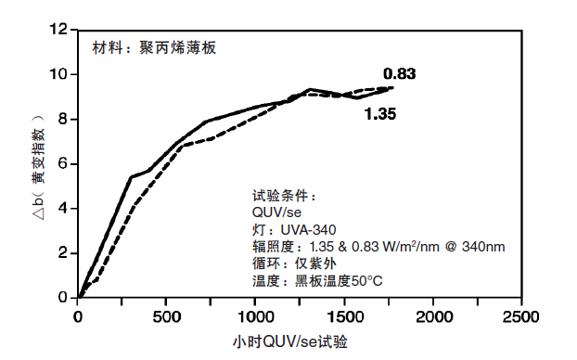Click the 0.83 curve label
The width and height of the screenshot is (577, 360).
(x=400, y=73)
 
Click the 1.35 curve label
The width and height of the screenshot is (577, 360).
(x=381, y=115)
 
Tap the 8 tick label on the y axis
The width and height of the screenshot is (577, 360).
(x=64, y=119)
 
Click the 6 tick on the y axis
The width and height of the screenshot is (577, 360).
(x=64, y=163)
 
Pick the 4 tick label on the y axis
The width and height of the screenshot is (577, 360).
(x=64, y=208)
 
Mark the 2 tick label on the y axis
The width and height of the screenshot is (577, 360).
(x=64, y=252)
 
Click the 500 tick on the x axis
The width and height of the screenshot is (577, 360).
(x=166, y=316)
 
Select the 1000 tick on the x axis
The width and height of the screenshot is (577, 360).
(x=254, y=316)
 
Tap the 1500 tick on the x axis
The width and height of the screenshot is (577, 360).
(x=343, y=316)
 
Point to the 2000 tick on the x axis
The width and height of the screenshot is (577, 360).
(x=432, y=316)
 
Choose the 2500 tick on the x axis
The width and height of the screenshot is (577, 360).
(x=521, y=316)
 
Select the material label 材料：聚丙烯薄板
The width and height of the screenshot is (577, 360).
(x=154, y=47)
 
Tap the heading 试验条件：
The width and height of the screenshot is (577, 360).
(x=284, y=197)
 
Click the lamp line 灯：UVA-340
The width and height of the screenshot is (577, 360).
(x=293, y=230)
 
